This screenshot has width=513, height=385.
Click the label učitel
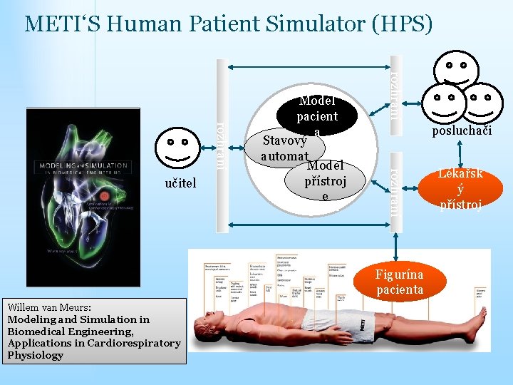180,184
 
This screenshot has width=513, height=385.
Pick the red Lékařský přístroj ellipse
460,189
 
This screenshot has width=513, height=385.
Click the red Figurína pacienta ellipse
400,282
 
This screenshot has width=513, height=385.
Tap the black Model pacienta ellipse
317,114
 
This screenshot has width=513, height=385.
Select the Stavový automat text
284,147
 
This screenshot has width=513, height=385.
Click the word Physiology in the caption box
36,355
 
